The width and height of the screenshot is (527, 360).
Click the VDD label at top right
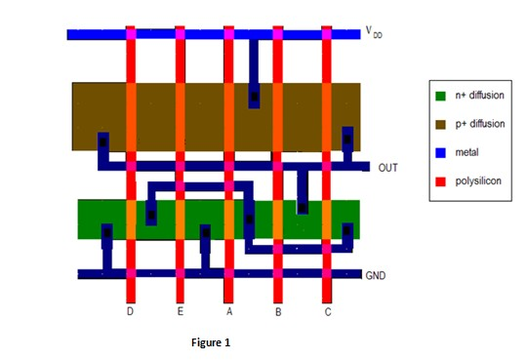(x=375, y=33)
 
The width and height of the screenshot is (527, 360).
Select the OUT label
(x=387, y=168)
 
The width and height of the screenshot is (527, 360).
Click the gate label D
(x=130, y=312)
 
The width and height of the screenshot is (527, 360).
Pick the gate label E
(x=180, y=312)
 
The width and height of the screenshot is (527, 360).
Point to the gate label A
(x=229, y=312)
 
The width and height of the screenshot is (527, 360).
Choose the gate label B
(x=278, y=312)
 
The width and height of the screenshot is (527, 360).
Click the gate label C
(x=327, y=312)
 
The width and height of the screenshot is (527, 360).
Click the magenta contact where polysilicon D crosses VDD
(x=130, y=34)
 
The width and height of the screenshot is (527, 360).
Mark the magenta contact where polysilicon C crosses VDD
(x=327, y=34)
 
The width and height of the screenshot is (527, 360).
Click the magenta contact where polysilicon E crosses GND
(x=180, y=274)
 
